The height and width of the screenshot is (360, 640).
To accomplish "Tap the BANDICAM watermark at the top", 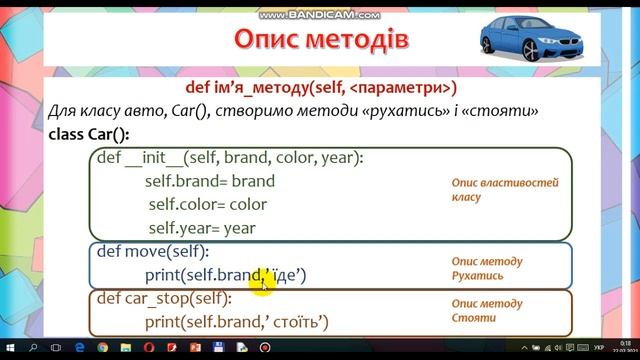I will [319, 15].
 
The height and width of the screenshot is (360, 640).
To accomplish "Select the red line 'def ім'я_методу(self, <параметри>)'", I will [320, 87].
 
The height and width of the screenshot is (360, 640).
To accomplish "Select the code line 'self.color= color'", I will [208, 205].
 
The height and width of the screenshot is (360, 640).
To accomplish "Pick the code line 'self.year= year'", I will [202, 228].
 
